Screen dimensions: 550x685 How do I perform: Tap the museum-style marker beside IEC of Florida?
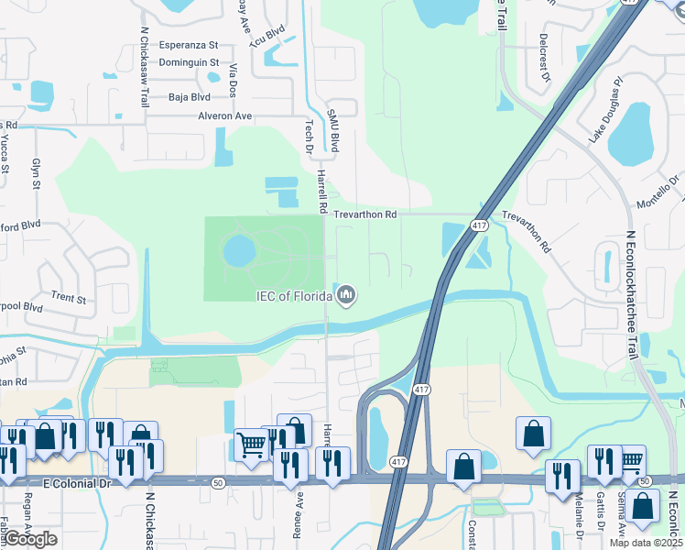pyautogui.click(x=346, y=295)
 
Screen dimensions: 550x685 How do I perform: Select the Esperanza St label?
pyautogui.click(x=189, y=44)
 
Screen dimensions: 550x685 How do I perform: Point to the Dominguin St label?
pyautogui.click(x=189, y=63)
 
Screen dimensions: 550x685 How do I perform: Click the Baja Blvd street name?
pyautogui.click(x=190, y=96)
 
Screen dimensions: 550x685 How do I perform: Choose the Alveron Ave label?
pyautogui.click(x=224, y=116)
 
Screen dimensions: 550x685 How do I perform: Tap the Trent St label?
pyautogui.click(x=69, y=298)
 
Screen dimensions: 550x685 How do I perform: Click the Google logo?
pyautogui.click(x=30, y=539)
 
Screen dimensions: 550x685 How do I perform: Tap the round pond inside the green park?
pyautogui.click(x=238, y=249)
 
